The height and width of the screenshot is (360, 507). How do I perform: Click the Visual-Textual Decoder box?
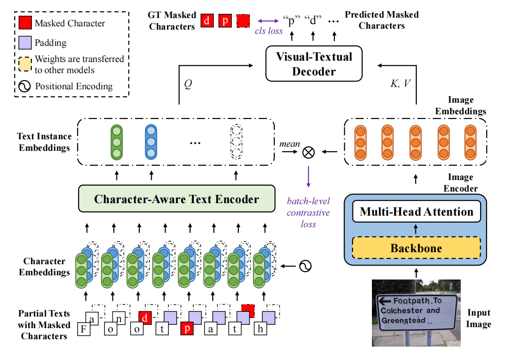click(x=314, y=64)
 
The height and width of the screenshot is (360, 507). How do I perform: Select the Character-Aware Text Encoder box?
click(x=176, y=199)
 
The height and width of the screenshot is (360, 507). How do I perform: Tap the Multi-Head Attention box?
click(x=416, y=212)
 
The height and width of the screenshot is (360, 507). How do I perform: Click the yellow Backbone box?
click(x=416, y=248)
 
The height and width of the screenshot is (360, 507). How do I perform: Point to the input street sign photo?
click(x=416, y=312)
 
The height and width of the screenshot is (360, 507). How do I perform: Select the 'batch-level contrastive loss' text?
click(x=308, y=212)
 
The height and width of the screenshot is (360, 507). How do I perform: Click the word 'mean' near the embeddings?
click(x=289, y=144)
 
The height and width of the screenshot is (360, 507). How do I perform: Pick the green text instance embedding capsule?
click(x=117, y=142)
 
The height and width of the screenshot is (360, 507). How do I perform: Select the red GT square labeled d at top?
click(x=207, y=21)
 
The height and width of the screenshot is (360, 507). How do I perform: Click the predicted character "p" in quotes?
click(x=291, y=21)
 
